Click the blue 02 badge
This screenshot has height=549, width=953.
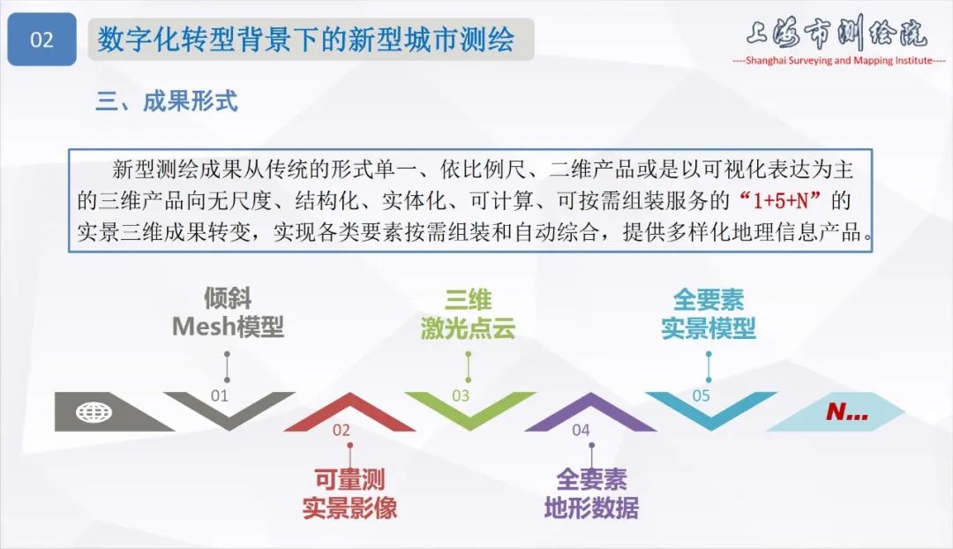pyautogui.click(x=41, y=40)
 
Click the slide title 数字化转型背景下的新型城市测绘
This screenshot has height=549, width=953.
pyautogui.click(x=305, y=40)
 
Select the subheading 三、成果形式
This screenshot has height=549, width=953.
pyautogui.click(x=167, y=101)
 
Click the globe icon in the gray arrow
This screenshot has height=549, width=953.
pyautogui.click(x=91, y=411)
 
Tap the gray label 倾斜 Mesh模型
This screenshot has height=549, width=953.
pyautogui.click(x=228, y=312)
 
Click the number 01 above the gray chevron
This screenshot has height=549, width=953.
pyautogui.click(x=219, y=395)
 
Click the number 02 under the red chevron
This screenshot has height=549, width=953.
pyautogui.click(x=341, y=430)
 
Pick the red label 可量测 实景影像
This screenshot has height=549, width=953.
pyautogui.click(x=349, y=494)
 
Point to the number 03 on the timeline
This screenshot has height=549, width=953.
pyautogui.click(x=461, y=395)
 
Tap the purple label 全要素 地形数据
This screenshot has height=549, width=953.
pyautogui.click(x=591, y=494)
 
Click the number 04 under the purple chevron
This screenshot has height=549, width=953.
pyautogui.click(x=581, y=430)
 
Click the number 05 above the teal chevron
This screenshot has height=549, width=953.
pyautogui.click(x=701, y=395)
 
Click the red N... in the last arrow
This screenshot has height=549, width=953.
pyautogui.click(x=846, y=412)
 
